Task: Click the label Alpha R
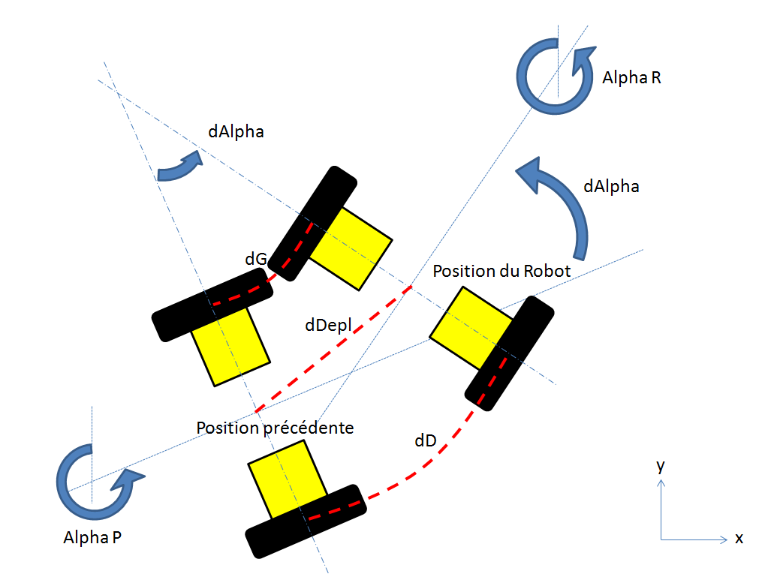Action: click(631, 77)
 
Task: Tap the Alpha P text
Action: click(92, 537)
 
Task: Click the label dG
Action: click(256, 259)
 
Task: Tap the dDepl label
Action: click(328, 325)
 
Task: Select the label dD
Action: click(425, 441)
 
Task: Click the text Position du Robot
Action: click(501, 271)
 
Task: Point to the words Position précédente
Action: click(275, 428)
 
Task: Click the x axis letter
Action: click(739, 538)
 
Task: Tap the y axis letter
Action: click(661, 466)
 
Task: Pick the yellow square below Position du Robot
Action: click(471, 328)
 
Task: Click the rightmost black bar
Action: click(509, 353)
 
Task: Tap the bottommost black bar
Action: click(306, 521)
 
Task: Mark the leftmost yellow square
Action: click(230, 347)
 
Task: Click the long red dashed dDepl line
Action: click(333, 349)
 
